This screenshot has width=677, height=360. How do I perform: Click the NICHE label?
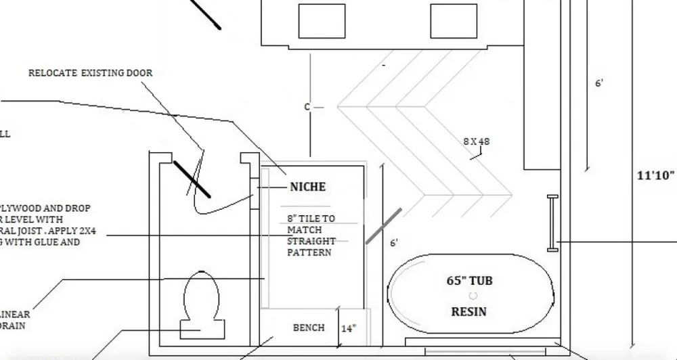pyautogui.click(x=307, y=187)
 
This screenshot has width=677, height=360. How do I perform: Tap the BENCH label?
pyautogui.click(x=308, y=328)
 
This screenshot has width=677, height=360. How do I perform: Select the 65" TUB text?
pyautogui.click(x=468, y=280)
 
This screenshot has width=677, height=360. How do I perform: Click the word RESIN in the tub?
pyautogui.click(x=468, y=312)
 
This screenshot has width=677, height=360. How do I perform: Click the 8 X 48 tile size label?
pyautogui.click(x=476, y=141)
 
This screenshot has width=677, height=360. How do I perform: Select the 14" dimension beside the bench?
pyautogui.click(x=348, y=329)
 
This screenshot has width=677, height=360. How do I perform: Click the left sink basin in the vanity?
pyautogui.click(x=322, y=21)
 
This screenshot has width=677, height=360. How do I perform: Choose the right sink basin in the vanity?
pyautogui.click(x=453, y=21)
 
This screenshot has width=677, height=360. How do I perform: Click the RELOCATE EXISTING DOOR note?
pyautogui.click(x=90, y=73)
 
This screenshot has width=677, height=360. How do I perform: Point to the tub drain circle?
pyautogui.click(x=473, y=296)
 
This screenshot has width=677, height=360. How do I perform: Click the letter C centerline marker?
pyautogui.click(x=307, y=107)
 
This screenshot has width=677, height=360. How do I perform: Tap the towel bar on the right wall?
pyautogui.click(x=552, y=223)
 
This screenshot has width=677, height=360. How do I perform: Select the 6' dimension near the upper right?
pyautogui.click(x=599, y=84)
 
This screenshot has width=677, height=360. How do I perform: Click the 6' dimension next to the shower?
pyautogui.click(x=394, y=243)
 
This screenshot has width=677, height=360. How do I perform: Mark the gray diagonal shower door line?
pyautogui.click(x=383, y=226)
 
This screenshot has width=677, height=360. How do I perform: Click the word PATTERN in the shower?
pyautogui.click(x=309, y=252)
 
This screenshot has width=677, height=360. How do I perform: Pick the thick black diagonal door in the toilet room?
pyautogui.click(x=192, y=179)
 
